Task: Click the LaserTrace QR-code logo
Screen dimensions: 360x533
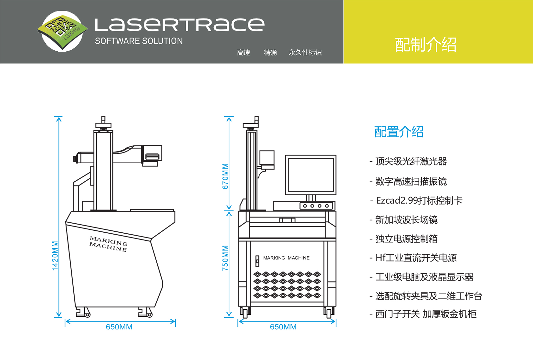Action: (62, 31)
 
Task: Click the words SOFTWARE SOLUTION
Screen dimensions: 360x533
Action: (139, 41)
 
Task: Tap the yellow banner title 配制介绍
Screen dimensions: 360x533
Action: (425, 45)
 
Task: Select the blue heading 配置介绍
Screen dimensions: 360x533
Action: (399, 132)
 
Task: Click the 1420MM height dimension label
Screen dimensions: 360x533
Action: (55, 256)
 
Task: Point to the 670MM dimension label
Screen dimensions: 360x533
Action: (225, 176)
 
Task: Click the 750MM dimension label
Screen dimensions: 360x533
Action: (225, 258)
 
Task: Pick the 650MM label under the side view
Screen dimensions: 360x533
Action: (119, 327)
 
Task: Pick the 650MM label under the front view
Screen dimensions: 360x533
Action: (283, 327)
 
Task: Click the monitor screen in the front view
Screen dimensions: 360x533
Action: (310, 175)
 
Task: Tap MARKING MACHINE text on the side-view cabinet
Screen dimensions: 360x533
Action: (109, 244)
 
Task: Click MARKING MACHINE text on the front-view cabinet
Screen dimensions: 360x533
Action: (286, 258)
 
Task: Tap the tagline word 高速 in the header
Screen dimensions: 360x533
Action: (244, 52)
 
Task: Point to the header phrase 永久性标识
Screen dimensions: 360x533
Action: (305, 52)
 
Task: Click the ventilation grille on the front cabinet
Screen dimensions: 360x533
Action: (287, 285)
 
